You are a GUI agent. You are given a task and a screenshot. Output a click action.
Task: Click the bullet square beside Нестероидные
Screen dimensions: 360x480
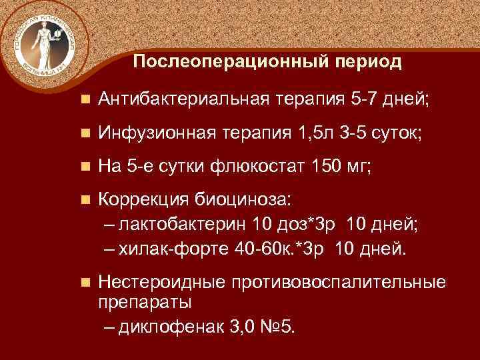point(83,283)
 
